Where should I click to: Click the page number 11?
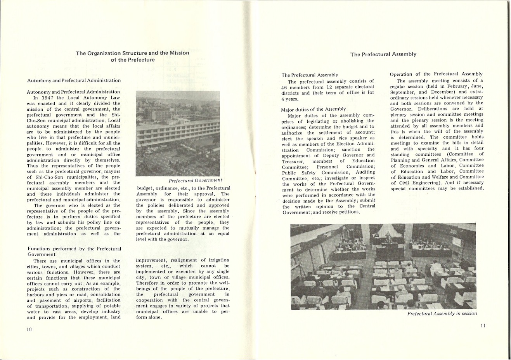click(483, 325)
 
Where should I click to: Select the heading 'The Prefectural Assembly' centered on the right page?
click(383, 54)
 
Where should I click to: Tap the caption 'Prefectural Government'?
click(196, 180)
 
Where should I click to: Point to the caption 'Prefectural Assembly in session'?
click(442, 313)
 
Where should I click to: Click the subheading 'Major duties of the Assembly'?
click(314, 109)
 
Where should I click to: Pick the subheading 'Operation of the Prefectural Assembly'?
click(436, 74)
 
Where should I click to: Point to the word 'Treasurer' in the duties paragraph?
click(293, 161)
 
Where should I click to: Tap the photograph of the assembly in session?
click(383, 266)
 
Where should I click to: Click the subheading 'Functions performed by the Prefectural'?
click(74, 249)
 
